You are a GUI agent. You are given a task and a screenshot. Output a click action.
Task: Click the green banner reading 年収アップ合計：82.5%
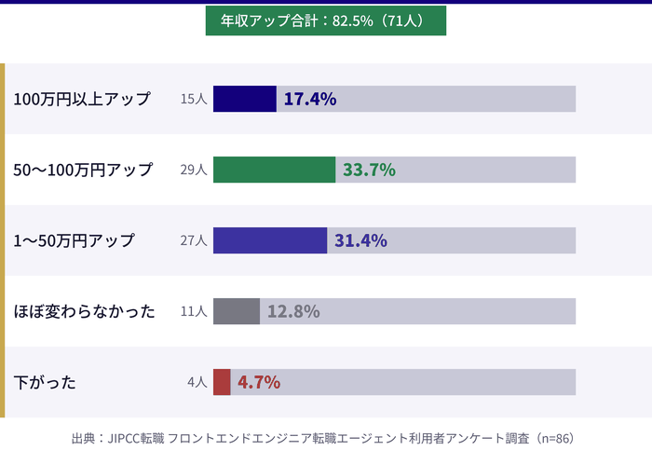click(x=325, y=20)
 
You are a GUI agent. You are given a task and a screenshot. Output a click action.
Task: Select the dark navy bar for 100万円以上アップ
click(x=244, y=99)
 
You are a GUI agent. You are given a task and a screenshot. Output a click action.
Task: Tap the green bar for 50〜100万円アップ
click(x=274, y=170)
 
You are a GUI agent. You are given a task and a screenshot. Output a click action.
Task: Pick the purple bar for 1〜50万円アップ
click(x=270, y=240)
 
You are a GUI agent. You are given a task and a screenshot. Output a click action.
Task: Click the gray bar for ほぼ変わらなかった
click(x=237, y=311)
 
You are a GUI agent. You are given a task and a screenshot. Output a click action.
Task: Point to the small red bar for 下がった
click(x=222, y=382)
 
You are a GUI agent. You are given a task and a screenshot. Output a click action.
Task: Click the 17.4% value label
click(x=309, y=99)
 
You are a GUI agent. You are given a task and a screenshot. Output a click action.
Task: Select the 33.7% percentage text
click(x=369, y=170)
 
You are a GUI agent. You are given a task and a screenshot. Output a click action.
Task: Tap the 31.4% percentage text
click(x=360, y=240)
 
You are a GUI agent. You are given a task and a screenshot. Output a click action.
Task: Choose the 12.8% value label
click(x=293, y=311)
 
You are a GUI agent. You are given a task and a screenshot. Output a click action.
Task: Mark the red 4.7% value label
click(x=259, y=382)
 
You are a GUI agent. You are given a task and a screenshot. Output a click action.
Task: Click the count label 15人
click(x=194, y=99)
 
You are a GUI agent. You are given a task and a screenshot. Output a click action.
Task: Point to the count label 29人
click(x=194, y=170)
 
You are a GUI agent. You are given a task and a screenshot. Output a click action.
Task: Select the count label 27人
click(x=194, y=240)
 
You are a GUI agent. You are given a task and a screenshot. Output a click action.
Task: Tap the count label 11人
click(x=194, y=311)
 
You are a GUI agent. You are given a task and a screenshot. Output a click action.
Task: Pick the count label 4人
click(x=197, y=382)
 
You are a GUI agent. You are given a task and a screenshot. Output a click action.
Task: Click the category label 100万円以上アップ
click(x=82, y=99)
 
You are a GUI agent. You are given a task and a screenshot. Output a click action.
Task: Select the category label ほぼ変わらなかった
click(x=85, y=311)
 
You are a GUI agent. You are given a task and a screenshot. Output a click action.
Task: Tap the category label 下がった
click(x=45, y=382)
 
